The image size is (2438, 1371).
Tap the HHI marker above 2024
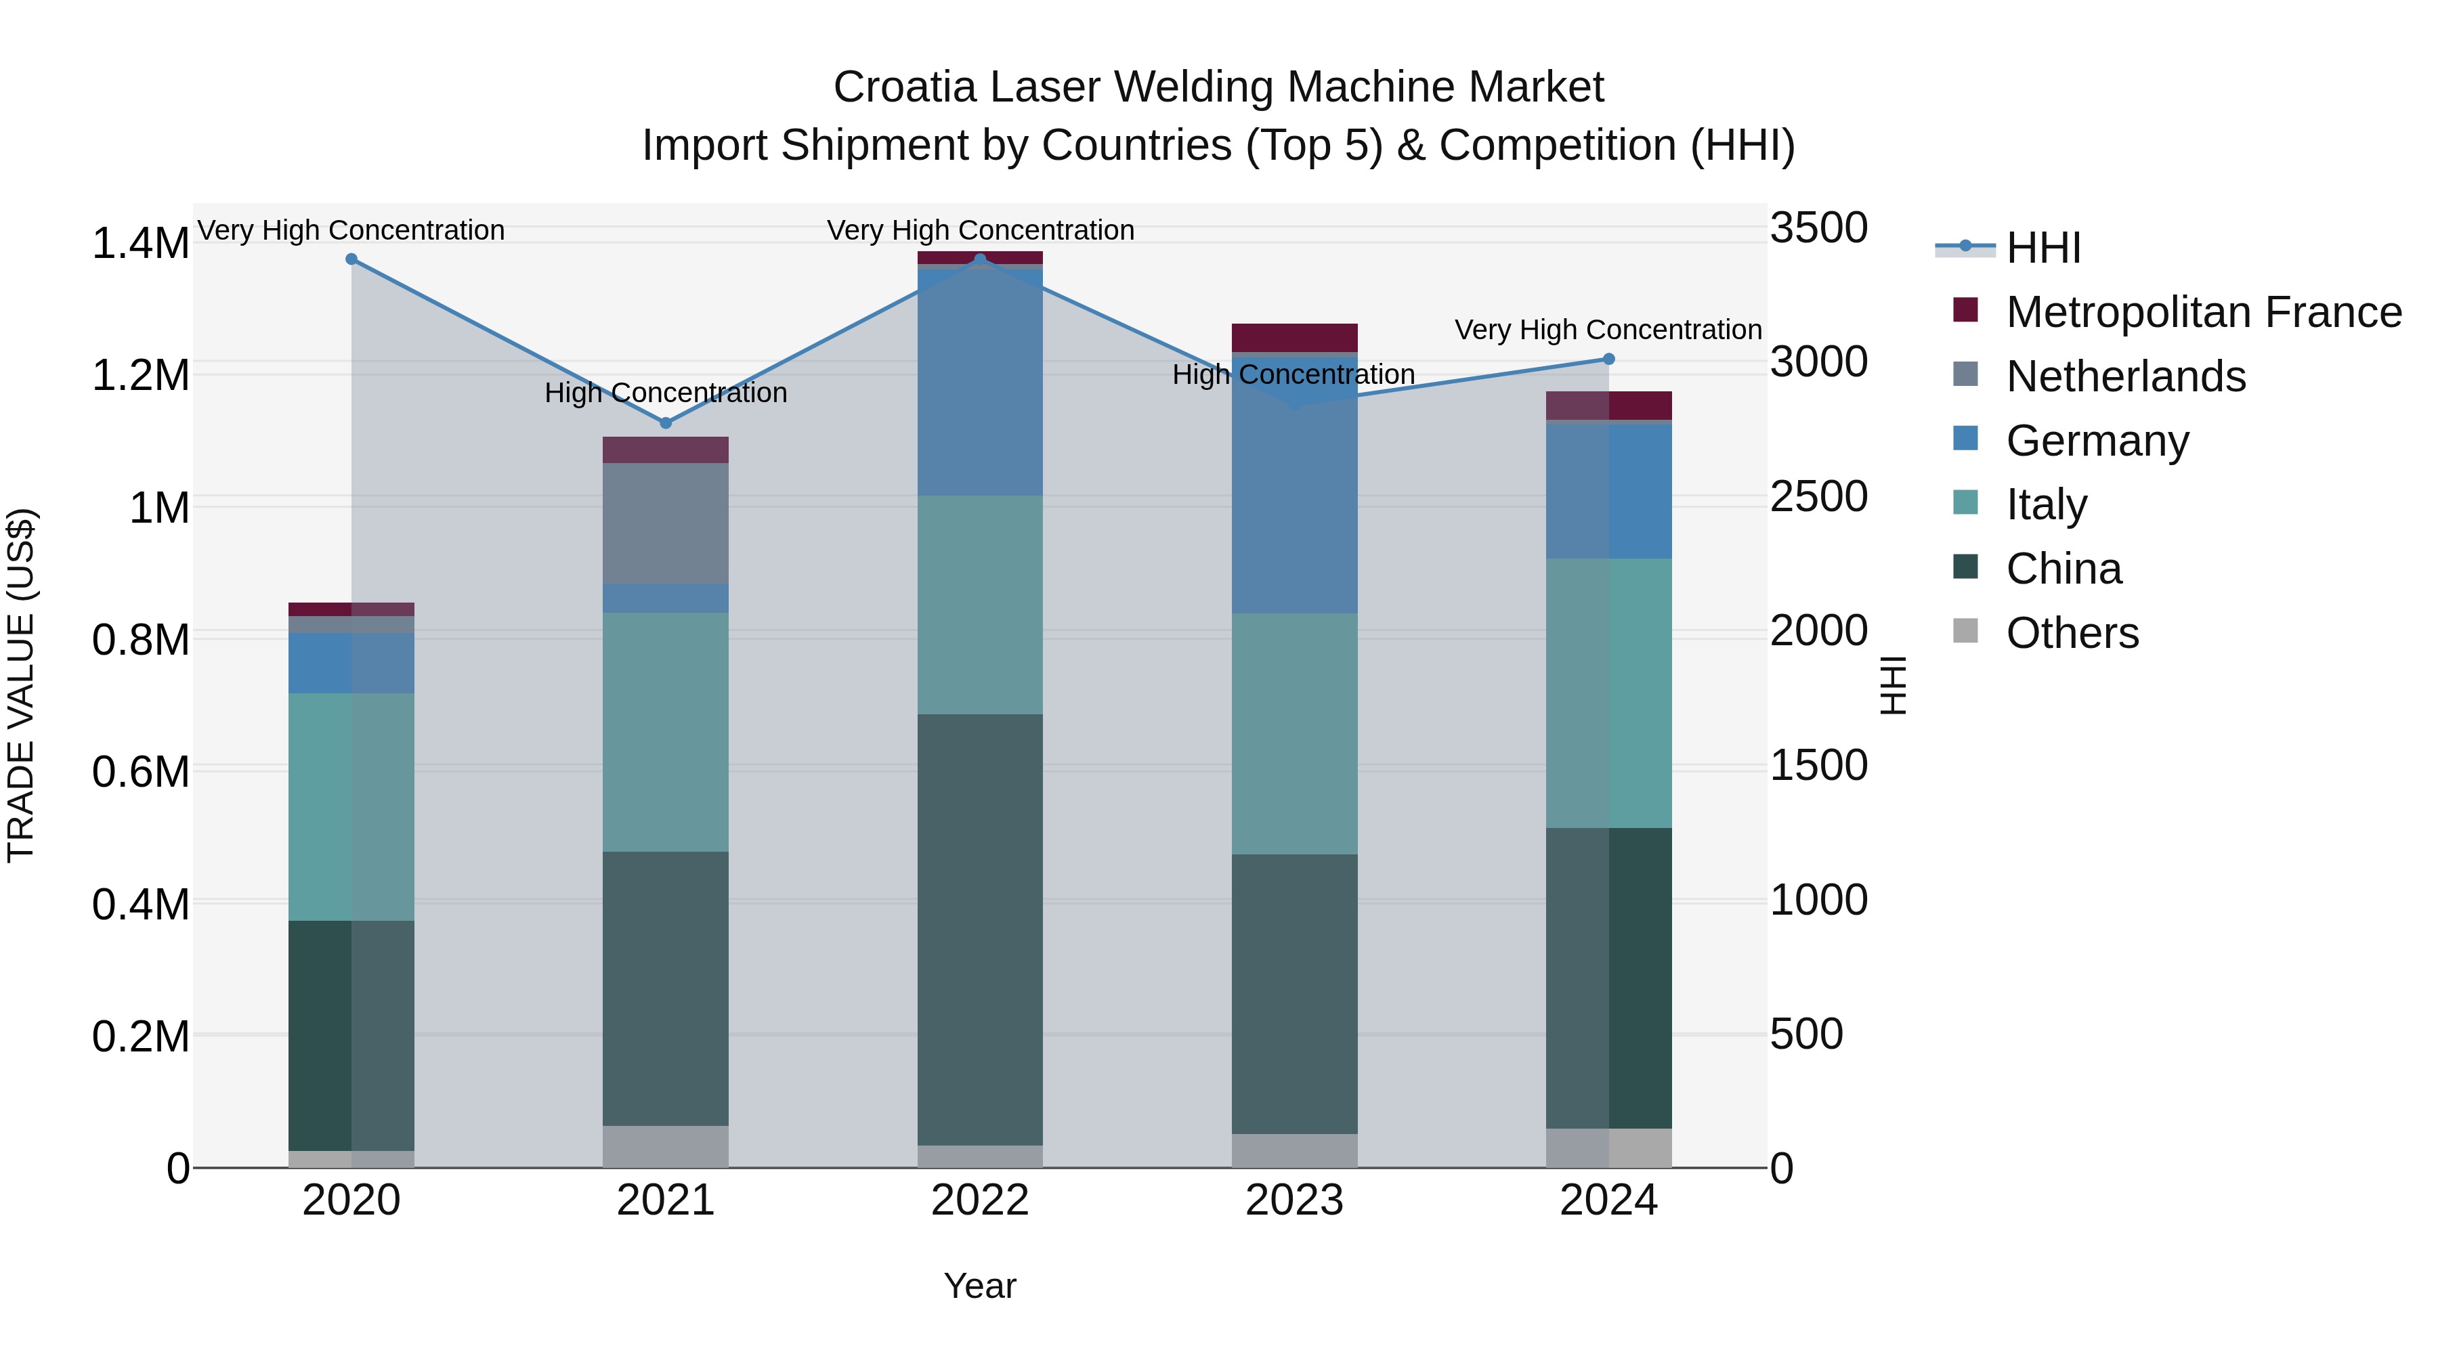pos(1609,360)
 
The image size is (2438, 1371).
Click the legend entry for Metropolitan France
pos(2202,312)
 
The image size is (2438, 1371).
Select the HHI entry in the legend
pos(2043,248)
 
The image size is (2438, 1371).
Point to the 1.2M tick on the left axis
pos(140,376)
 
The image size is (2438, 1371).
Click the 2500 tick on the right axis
pos(1818,497)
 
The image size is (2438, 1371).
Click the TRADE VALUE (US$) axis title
pos(21,685)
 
